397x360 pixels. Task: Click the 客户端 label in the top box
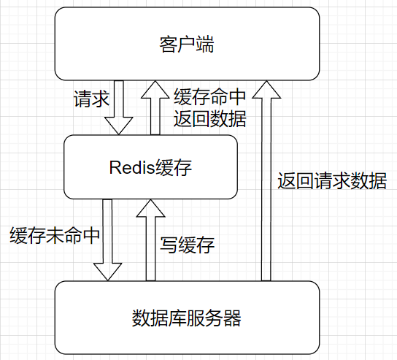click(x=187, y=45)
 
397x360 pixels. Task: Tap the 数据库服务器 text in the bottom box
click(x=187, y=318)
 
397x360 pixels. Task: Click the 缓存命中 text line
click(x=209, y=97)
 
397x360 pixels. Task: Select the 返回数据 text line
click(x=209, y=118)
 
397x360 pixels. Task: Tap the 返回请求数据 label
click(x=332, y=181)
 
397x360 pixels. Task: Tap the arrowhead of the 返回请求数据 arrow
click(x=266, y=89)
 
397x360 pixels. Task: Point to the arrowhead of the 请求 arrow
click(x=121, y=126)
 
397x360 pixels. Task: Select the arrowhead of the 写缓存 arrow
click(x=151, y=208)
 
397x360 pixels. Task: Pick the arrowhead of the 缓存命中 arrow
click(x=155, y=89)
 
